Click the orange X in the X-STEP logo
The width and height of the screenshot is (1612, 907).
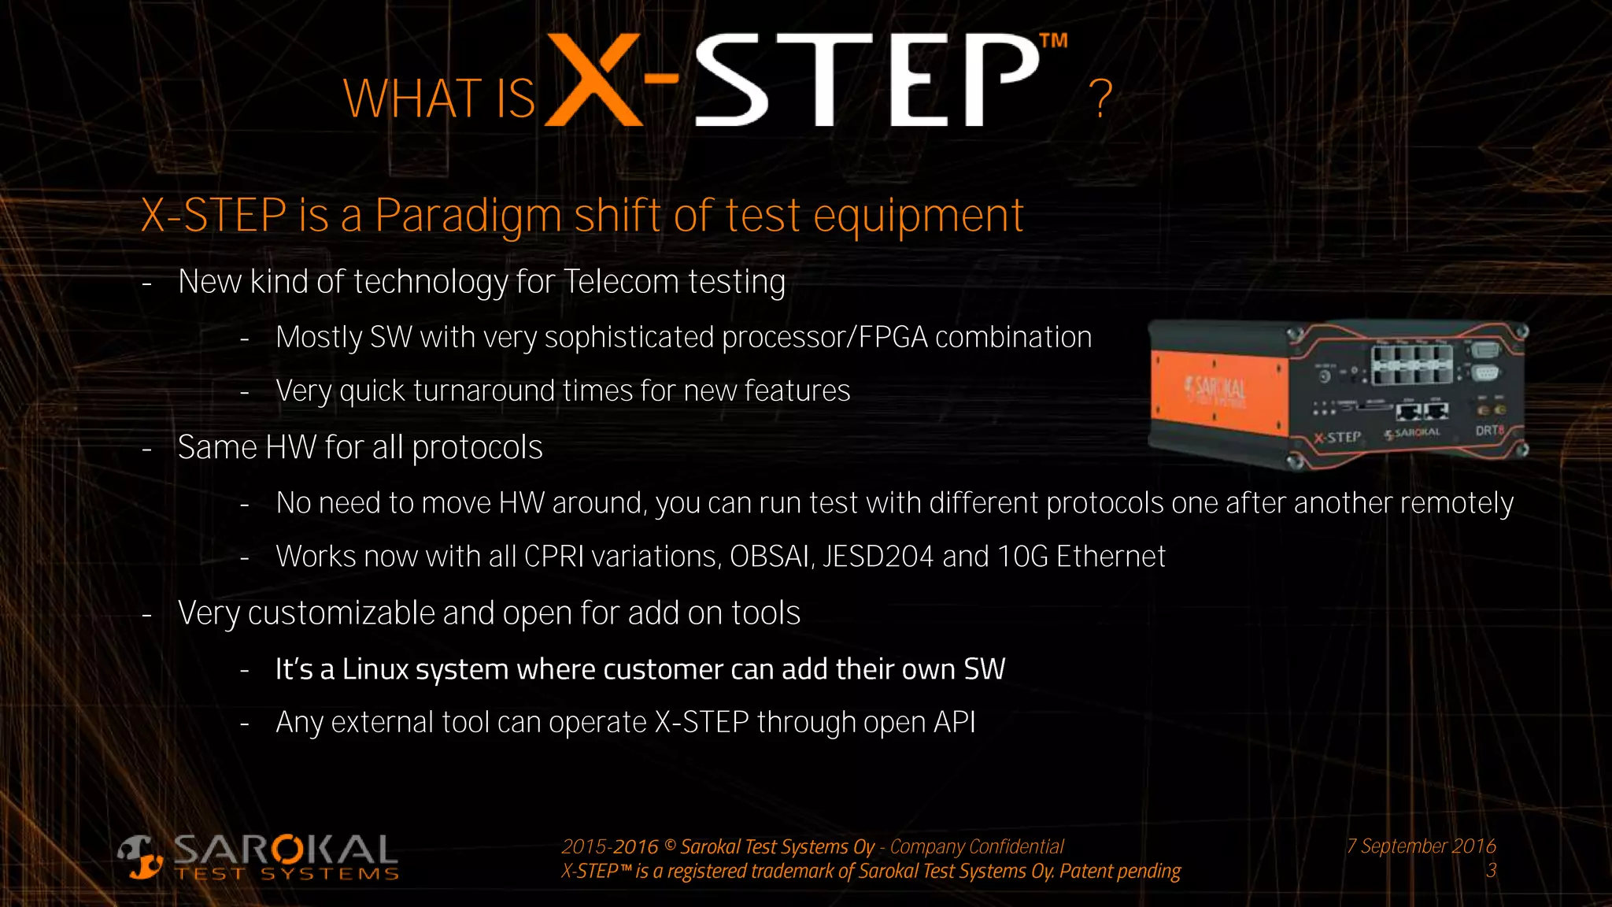594,80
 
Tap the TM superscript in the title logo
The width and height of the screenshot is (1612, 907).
1053,41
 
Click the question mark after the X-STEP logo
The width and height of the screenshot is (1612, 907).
1100,99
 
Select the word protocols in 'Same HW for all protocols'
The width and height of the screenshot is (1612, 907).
477,448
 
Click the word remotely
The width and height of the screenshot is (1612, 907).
1457,503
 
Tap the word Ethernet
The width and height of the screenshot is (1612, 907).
1110,557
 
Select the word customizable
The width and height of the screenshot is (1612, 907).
341,613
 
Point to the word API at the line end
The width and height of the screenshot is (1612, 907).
954,722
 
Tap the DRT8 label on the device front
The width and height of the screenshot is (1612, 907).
1489,431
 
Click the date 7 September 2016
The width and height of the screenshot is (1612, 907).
1421,846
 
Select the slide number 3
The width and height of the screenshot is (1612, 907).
1491,871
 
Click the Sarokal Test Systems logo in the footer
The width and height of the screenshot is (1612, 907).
259,857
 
